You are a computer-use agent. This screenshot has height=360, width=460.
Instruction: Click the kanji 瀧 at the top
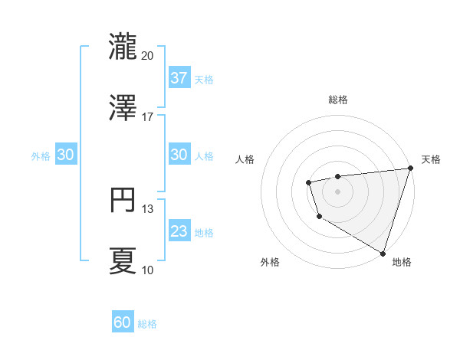pyautogui.click(x=123, y=45)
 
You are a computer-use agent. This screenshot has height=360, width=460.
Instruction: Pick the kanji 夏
pyautogui.click(x=123, y=260)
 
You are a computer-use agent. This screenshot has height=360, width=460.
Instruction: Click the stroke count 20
pyautogui.click(x=148, y=55)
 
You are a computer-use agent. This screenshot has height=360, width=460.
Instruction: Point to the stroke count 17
pyautogui.click(x=148, y=117)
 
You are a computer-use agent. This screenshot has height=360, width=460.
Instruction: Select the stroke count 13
pyautogui.click(x=148, y=209)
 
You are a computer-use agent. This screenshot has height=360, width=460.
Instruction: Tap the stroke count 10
pyautogui.click(x=148, y=270)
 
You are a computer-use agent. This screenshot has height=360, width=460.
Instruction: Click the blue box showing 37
pyautogui.click(x=179, y=77)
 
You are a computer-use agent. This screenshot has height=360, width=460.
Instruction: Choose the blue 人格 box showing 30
pyautogui.click(x=179, y=154)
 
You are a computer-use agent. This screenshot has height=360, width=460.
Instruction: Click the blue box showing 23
pyautogui.click(x=179, y=231)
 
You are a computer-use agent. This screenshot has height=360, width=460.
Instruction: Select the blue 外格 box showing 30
pyautogui.click(x=66, y=154)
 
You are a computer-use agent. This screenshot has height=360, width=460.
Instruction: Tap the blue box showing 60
pyautogui.click(x=123, y=322)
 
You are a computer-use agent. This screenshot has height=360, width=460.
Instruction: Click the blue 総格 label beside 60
pyautogui.click(x=147, y=324)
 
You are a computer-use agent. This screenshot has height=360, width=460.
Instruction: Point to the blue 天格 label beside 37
pyautogui.click(x=204, y=79)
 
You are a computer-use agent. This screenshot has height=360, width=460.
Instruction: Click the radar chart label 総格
pyautogui.click(x=338, y=100)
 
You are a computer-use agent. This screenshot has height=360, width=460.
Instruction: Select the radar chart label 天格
pyautogui.click(x=431, y=159)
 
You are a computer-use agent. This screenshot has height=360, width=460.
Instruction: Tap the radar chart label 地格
pyautogui.click(x=402, y=262)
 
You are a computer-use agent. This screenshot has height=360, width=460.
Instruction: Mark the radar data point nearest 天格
pyautogui.click(x=410, y=169)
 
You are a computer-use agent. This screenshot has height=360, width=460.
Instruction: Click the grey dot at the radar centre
pyautogui.click(x=337, y=191)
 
